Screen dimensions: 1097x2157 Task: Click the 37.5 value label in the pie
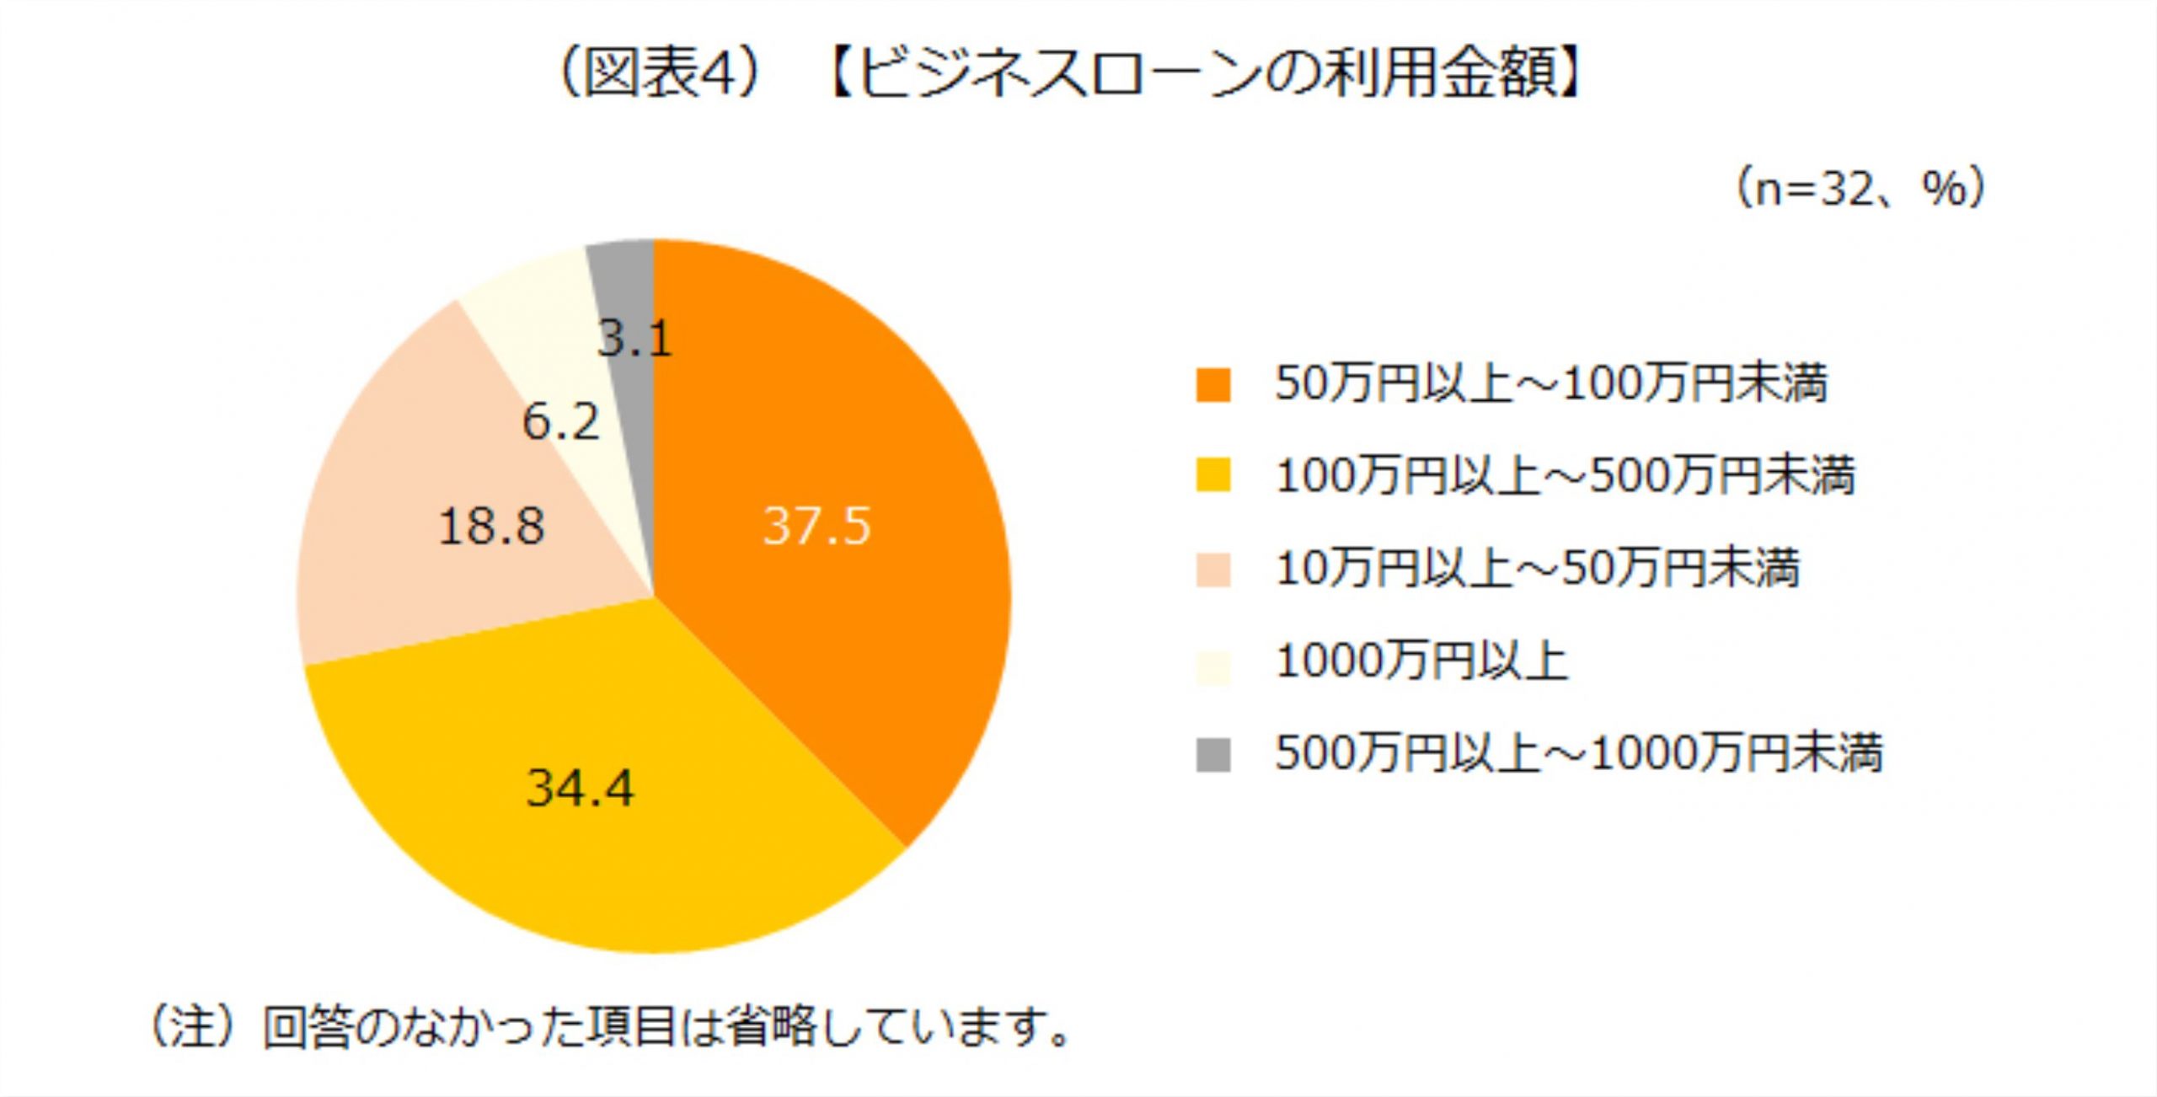click(x=816, y=527)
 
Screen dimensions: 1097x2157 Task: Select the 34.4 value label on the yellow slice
click(x=580, y=789)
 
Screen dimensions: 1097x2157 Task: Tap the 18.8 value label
click(x=491, y=527)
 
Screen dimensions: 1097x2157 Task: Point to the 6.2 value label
click(x=560, y=421)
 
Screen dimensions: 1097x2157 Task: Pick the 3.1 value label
click(x=634, y=339)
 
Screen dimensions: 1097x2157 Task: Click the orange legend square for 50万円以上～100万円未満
click(x=1213, y=385)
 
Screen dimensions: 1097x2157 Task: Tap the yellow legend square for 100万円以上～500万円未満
click(x=1213, y=476)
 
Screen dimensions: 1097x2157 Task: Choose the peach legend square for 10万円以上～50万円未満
click(x=1213, y=569)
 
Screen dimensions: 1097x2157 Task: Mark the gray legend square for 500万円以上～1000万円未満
click(x=1213, y=754)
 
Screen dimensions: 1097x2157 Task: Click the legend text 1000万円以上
click(x=1421, y=661)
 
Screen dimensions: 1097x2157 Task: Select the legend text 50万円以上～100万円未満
click(x=1551, y=384)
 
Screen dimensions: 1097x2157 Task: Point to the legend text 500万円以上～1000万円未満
click(x=1578, y=753)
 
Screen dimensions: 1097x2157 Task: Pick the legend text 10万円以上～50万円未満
click(x=1538, y=568)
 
